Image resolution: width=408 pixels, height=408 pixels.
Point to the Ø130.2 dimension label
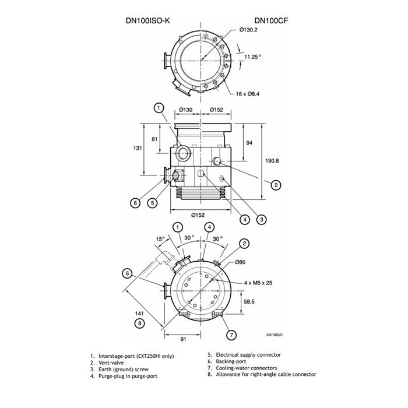pyautogui.click(x=249, y=30)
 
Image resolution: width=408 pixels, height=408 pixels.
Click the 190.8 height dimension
pyautogui.click(x=273, y=161)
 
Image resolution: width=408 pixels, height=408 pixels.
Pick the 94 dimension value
pyautogui.click(x=249, y=143)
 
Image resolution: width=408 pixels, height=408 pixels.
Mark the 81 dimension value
pyautogui.click(x=154, y=139)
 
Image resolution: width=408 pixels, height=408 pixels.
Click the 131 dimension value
pyautogui.click(x=137, y=148)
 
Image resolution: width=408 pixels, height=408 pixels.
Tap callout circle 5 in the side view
pyautogui.click(x=152, y=203)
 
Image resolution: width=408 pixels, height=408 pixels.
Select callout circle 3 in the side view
pyautogui.click(x=262, y=219)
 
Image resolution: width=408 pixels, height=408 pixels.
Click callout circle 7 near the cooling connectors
pyautogui.click(x=232, y=335)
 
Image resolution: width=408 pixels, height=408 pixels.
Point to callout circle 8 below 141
pyautogui.click(x=139, y=323)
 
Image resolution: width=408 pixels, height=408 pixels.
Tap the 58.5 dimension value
pyautogui.click(x=249, y=302)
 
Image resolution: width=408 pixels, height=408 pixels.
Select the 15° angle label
pyautogui.click(x=160, y=239)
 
